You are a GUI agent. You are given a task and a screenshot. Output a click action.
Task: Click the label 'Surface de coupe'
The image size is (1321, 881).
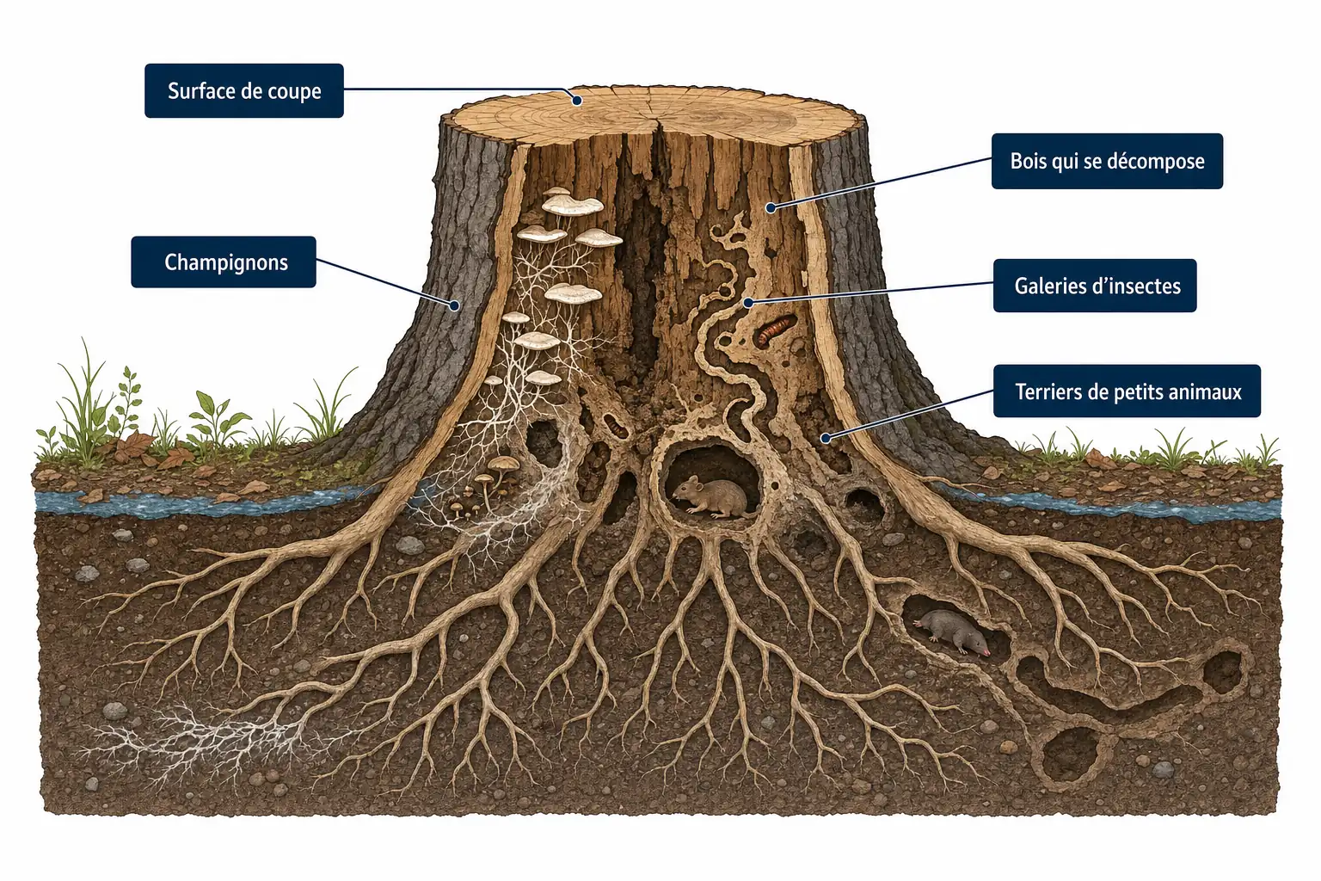point(244,91)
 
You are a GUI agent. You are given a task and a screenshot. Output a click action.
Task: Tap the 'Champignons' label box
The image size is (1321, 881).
point(224,262)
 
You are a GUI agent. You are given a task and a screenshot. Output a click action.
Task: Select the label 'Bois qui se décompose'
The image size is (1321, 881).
point(1107,161)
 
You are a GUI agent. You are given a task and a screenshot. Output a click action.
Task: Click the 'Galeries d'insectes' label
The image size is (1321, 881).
point(1095,286)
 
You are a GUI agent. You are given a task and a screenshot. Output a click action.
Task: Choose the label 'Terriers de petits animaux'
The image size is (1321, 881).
point(1127,391)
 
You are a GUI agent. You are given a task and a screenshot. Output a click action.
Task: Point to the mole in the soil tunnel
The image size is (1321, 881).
point(952,631)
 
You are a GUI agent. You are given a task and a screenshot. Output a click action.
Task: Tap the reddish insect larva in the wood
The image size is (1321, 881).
point(775,330)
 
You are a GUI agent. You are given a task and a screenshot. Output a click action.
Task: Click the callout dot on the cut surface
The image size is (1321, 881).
point(578,101)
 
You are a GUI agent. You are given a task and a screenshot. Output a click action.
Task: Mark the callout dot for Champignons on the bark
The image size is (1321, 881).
point(454,305)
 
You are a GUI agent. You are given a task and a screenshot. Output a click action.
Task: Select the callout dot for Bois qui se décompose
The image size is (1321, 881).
point(771,207)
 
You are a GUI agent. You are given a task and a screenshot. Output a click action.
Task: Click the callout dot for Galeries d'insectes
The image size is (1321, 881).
point(747,303)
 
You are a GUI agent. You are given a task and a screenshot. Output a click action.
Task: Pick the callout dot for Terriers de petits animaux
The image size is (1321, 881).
point(826,438)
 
